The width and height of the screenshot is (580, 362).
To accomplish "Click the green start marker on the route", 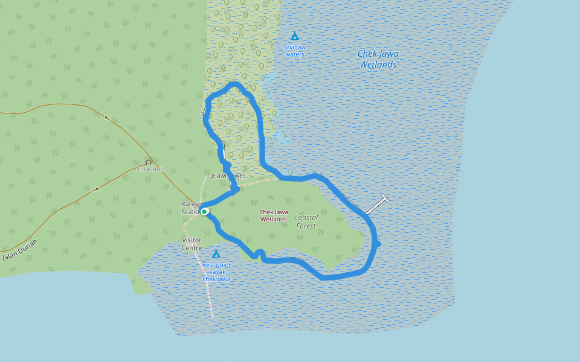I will pos(205,211).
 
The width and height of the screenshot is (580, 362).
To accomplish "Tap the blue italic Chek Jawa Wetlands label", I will pos(378,59).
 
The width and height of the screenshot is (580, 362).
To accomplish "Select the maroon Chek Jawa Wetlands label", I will pos(273,215).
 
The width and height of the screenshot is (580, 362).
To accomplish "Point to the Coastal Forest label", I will pos(306,221).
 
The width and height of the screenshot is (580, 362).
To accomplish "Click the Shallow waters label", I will pos(295,51).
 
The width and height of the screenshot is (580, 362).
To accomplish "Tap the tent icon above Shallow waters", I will pos(295,36).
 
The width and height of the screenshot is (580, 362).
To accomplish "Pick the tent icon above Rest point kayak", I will pos(216,254).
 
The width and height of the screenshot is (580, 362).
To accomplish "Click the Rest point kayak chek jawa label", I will pos(216,271).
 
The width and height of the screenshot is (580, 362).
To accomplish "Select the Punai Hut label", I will pos(149,170).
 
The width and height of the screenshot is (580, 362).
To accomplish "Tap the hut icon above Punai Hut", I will pos(149,162).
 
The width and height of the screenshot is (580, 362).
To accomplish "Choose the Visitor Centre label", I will pos(192,244).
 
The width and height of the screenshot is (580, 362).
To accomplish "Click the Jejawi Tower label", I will pos(228,176).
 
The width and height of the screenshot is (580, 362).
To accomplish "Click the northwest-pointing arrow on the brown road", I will pos(108,118).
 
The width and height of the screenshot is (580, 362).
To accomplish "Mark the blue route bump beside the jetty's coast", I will pos(378,244).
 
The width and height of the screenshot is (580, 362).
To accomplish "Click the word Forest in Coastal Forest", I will pos(306,226).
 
